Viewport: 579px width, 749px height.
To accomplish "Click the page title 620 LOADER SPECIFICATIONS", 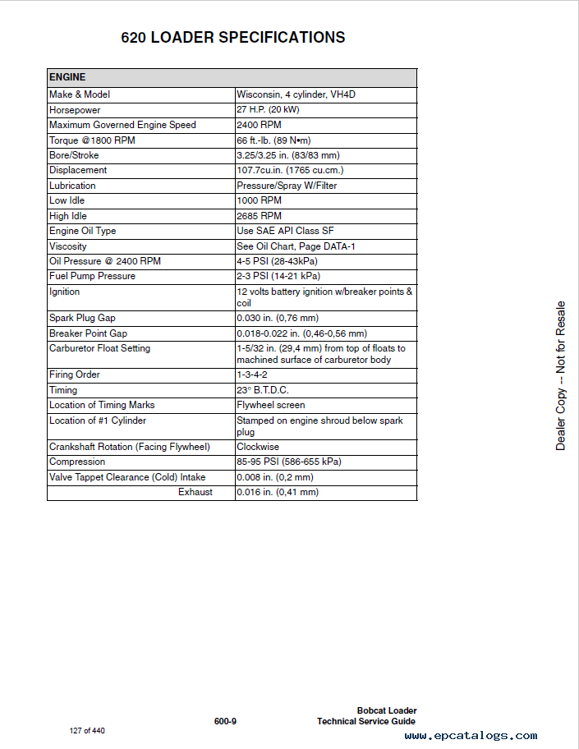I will pos(233,38).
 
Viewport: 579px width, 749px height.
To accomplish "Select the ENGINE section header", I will pos(67,77).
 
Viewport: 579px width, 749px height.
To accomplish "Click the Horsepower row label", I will pos(75,110).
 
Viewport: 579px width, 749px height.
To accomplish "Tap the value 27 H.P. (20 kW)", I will pos(268,110).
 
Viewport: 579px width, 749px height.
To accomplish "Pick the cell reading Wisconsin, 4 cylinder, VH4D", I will pos(296,94).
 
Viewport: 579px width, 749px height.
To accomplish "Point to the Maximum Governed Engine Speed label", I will pos(122,125).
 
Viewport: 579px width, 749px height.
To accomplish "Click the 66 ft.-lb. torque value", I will pos(273,140).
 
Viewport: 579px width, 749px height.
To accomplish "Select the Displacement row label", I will pos(78,170).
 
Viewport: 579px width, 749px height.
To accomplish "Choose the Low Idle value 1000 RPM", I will pos(259,200).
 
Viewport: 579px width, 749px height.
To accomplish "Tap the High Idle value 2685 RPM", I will pos(259,216).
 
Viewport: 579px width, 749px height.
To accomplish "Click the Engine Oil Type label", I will pos(83,231).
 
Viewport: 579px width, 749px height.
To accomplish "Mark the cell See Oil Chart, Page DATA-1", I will pos(296,246).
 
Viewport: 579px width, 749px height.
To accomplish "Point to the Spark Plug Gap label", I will pos(82,318).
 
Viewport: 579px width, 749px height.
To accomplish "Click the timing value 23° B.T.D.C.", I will pos(263,390).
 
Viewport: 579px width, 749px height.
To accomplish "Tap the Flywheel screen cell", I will pos(270,405).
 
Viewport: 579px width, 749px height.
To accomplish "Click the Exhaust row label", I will pos(195,492).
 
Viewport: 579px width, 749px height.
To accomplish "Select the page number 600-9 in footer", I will pos(225,721).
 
